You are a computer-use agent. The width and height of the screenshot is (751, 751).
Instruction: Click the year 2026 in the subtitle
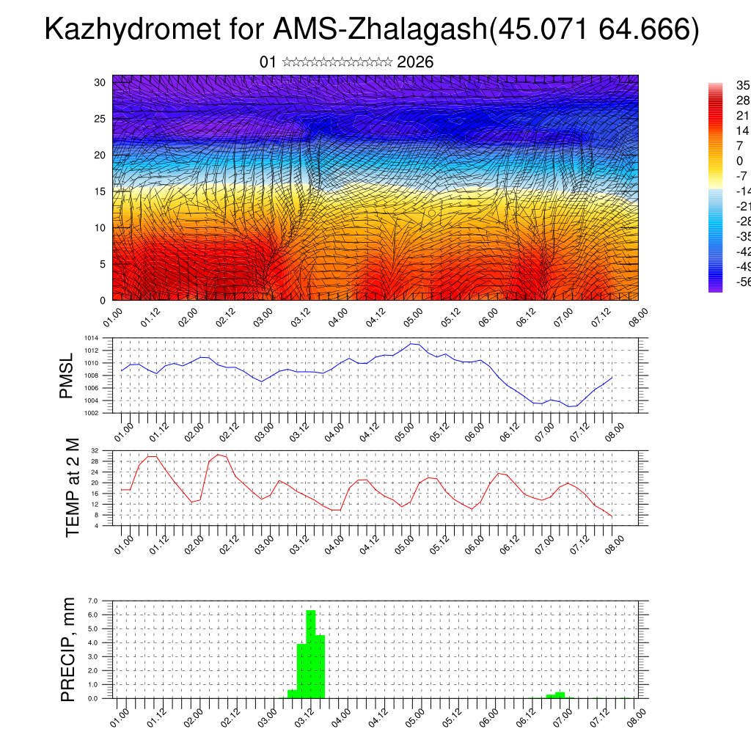click(x=415, y=62)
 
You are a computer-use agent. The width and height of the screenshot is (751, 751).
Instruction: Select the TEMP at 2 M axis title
click(x=72, y=488)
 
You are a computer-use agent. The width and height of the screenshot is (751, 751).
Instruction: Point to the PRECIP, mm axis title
click(x=68, y=649)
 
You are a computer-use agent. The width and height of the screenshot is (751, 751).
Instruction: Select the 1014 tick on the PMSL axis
click(x=92, y=338)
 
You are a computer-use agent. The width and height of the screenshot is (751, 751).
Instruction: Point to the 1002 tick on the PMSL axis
click(x=92, y=413)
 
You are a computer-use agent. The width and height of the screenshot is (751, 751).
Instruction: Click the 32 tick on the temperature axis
click(x=95, y=450)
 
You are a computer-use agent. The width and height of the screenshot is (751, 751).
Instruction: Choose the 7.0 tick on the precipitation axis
click(x=93, y=601)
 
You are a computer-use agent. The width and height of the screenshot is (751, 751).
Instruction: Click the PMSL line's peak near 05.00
click(x=413, y=343)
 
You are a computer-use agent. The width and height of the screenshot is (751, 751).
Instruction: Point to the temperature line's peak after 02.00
click(x=219, y=455)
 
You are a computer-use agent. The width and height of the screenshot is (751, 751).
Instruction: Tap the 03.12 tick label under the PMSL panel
click(x=299, y=431)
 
